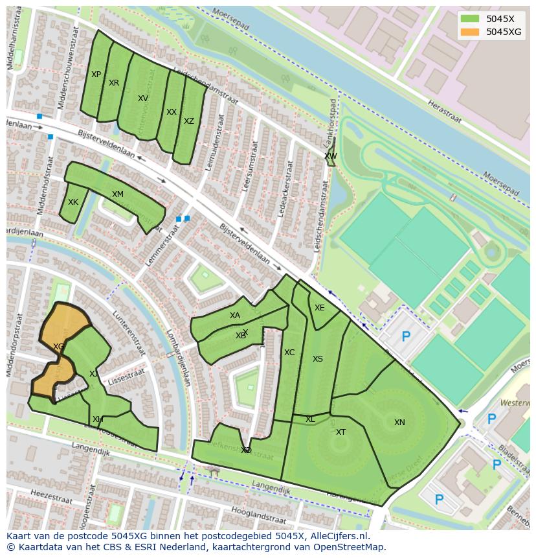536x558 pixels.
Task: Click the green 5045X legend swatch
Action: pos(470,19)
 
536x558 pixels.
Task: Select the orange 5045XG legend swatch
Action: pos(470,32)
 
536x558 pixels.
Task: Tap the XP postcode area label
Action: pos(96,75)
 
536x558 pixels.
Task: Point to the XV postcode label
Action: pos(143,99)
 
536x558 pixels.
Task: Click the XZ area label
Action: pos(188,121)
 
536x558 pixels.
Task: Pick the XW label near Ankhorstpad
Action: pos(331,156)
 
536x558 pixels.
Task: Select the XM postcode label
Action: pos(117,194)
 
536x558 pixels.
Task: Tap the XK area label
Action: pos(73,202)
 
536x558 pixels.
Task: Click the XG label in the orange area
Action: pos(59,347)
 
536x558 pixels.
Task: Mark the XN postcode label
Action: pos(399,423)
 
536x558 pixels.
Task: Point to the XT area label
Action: pos(341,432)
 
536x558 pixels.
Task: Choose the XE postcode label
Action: pos(319,308)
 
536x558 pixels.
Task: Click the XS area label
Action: pos(317,359)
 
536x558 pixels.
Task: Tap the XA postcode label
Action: pos(234,316)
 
